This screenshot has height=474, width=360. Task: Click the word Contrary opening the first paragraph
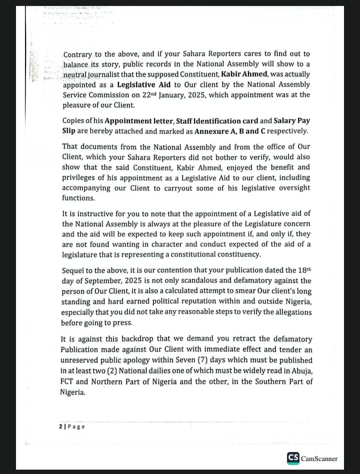tap(78, 54)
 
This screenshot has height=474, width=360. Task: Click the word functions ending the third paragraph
tap(78, 198)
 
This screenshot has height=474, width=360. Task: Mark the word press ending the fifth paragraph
tap(120, 322)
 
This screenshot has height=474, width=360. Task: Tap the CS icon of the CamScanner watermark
tap(293, 458)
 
